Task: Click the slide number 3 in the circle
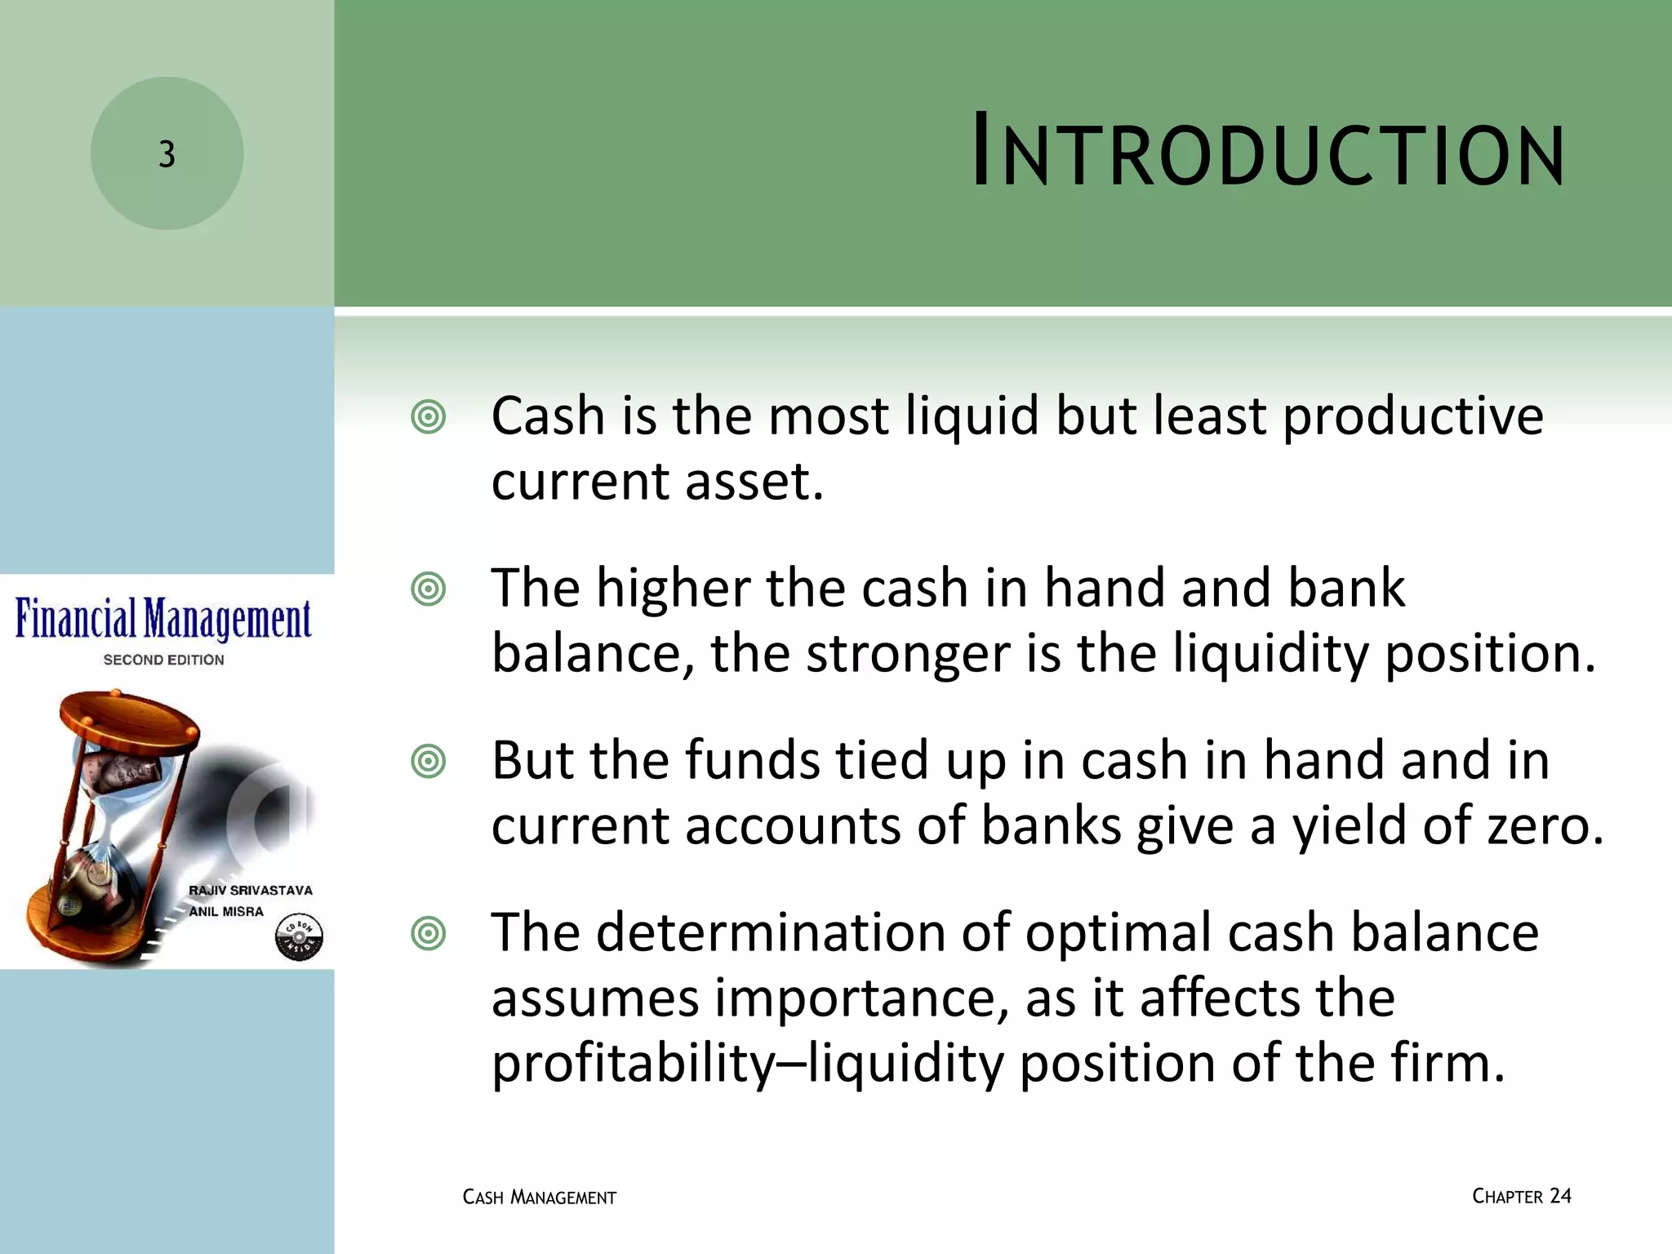(167, 154)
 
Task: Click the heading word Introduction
(1268, 154)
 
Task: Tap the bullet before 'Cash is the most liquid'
(429, 417)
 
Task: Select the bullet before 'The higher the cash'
(429, 589)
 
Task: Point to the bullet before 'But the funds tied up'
(429, 762)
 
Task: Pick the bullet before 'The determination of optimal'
(429, 934)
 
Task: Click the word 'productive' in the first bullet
(1412, 417)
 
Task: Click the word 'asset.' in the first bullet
(754, 482)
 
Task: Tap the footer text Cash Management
(539, 1198)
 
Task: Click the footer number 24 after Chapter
(1560, 1196)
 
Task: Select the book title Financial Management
(163, 620)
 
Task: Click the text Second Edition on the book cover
(163, 660)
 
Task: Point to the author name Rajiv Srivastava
(251, 890)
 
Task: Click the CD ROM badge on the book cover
(299, 937)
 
